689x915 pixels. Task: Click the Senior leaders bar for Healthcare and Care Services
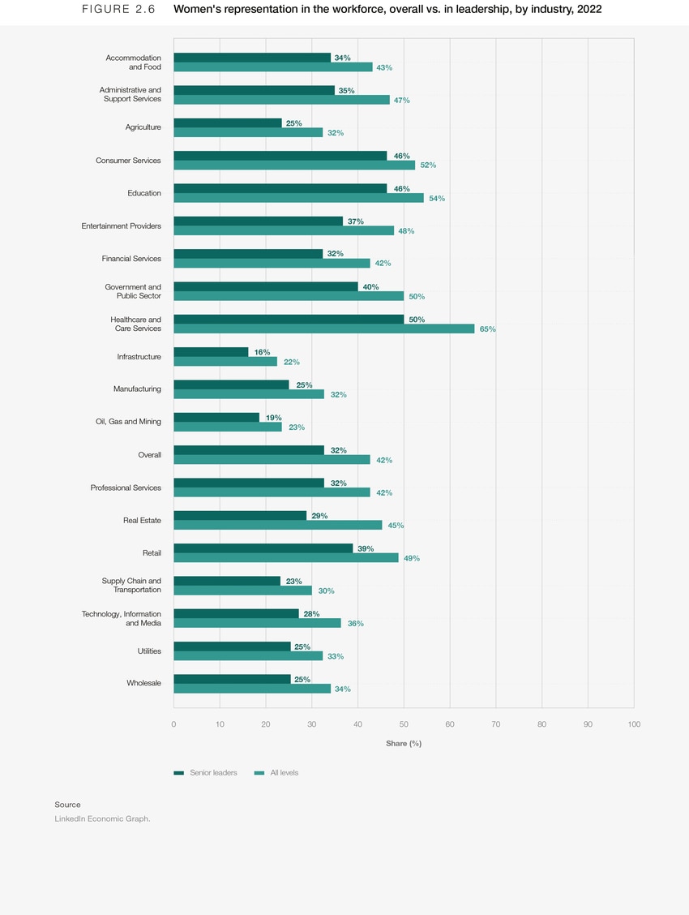[289, 320]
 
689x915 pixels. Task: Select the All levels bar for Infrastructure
[225, 362]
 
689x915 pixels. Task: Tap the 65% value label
[487, 329]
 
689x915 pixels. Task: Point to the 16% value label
[262, 353]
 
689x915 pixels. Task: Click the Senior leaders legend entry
[206, 773]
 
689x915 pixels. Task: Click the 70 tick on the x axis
[495, 724]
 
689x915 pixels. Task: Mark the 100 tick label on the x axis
[633, 724]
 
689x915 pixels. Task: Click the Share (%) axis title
[403, 744]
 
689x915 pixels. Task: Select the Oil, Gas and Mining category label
[128, 422]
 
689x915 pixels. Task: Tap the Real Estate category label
[142, 520]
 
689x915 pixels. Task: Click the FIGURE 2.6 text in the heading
[118, 10]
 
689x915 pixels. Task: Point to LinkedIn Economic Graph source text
[102, 819]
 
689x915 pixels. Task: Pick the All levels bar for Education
[298, 198]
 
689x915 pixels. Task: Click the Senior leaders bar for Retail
[263, 548]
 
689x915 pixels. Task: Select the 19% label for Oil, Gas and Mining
[273, 418]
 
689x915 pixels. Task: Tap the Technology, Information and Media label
[121, 619]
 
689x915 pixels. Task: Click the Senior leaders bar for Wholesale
[232, 679]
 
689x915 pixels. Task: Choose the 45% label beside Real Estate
[396, 526]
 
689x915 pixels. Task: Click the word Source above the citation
[67, 805]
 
